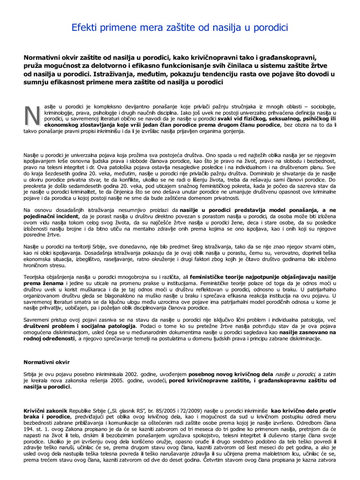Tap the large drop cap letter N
click(x=32, y=115)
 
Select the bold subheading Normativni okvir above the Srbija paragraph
click(x=46, y=362)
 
